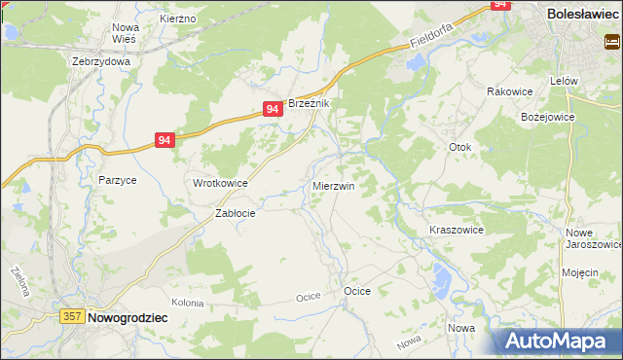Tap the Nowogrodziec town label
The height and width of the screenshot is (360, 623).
128,317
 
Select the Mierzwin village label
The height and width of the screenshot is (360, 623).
333,185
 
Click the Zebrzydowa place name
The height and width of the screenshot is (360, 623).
101,60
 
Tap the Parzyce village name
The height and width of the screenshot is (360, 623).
117,180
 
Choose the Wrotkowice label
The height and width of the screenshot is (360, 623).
220,183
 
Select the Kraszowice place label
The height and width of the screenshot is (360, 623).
457,230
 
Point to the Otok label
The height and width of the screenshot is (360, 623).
459,148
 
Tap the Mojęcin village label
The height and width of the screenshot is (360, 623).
579,273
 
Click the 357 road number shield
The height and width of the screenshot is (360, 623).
71,317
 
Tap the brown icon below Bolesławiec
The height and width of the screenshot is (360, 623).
612,42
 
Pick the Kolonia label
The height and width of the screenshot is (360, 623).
188,304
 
